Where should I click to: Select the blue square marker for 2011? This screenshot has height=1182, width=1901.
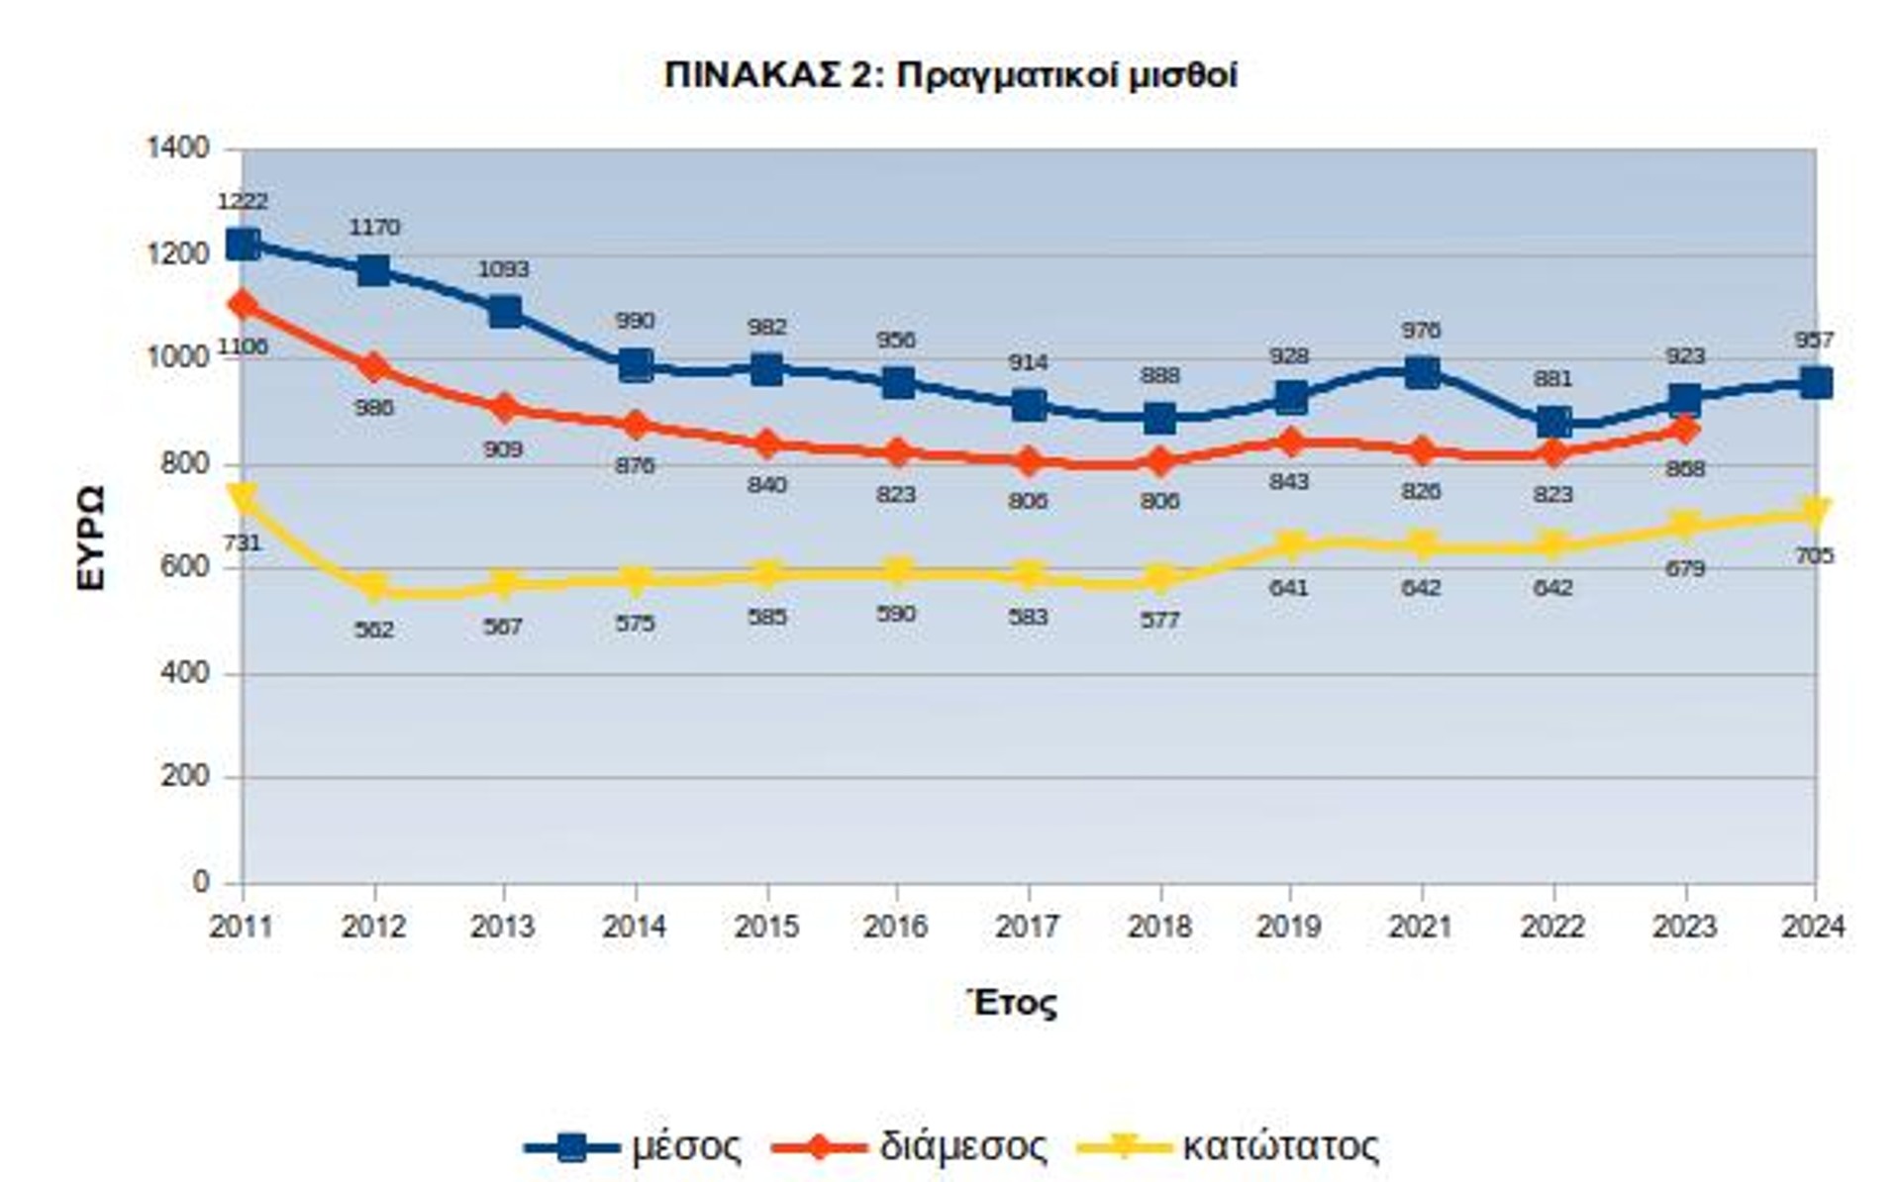tap(243, 245)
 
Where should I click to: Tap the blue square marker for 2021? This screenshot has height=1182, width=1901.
tap(1422, 373)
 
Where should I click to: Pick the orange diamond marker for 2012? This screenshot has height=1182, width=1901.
tap(374, 367)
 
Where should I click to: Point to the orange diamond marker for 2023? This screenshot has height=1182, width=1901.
tap(1685, 430)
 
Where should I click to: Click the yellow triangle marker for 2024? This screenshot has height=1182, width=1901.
tap(1815, 512)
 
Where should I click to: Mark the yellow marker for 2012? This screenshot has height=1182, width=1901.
tap(374, 588)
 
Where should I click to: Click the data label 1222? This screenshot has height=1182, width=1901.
tap(243, 202)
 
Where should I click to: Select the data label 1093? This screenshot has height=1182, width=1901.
tap(504, 269)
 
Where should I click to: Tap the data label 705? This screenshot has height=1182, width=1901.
tap(1814, 556)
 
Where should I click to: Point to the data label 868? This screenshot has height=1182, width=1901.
tap(1685, 469)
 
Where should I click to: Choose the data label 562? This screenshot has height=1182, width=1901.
tap(374, 630)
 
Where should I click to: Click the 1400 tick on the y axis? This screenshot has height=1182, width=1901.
tap(178, 148)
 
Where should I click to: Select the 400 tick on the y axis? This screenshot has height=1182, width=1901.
tap(185, 673)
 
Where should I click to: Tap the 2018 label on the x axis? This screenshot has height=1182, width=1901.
tap(1159, 928)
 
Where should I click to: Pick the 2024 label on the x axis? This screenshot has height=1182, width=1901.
tap(1813, 928)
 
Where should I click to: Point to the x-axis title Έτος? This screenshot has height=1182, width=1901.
tap(1012, 1003)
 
